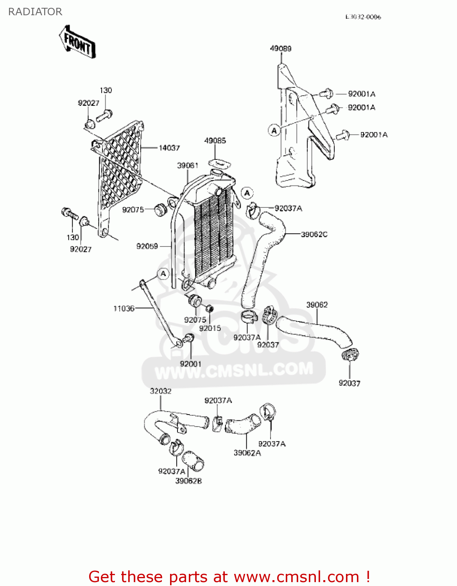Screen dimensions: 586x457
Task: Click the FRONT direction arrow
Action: [77, 42]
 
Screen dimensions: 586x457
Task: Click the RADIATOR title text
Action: [35, 12]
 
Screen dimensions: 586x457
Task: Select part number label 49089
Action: [281, 48]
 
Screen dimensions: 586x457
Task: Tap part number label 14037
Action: [169, 148]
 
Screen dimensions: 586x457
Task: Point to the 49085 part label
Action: [215, 141]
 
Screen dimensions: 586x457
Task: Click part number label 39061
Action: [188, 166]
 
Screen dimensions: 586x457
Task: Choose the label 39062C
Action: [314, 234]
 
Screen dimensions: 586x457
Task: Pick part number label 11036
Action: [124, 309]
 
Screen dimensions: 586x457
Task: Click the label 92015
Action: [210, 328]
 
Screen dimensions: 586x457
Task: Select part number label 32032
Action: [161, 391]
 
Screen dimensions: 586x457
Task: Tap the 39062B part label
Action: [189, 481]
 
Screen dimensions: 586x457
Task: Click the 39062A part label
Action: [247, 453]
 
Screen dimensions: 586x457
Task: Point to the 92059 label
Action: [147, 246]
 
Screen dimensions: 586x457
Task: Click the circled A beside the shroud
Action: [274, 130]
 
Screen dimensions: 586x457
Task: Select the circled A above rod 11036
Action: [163, 274]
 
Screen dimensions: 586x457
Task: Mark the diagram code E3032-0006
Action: [363, 17]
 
